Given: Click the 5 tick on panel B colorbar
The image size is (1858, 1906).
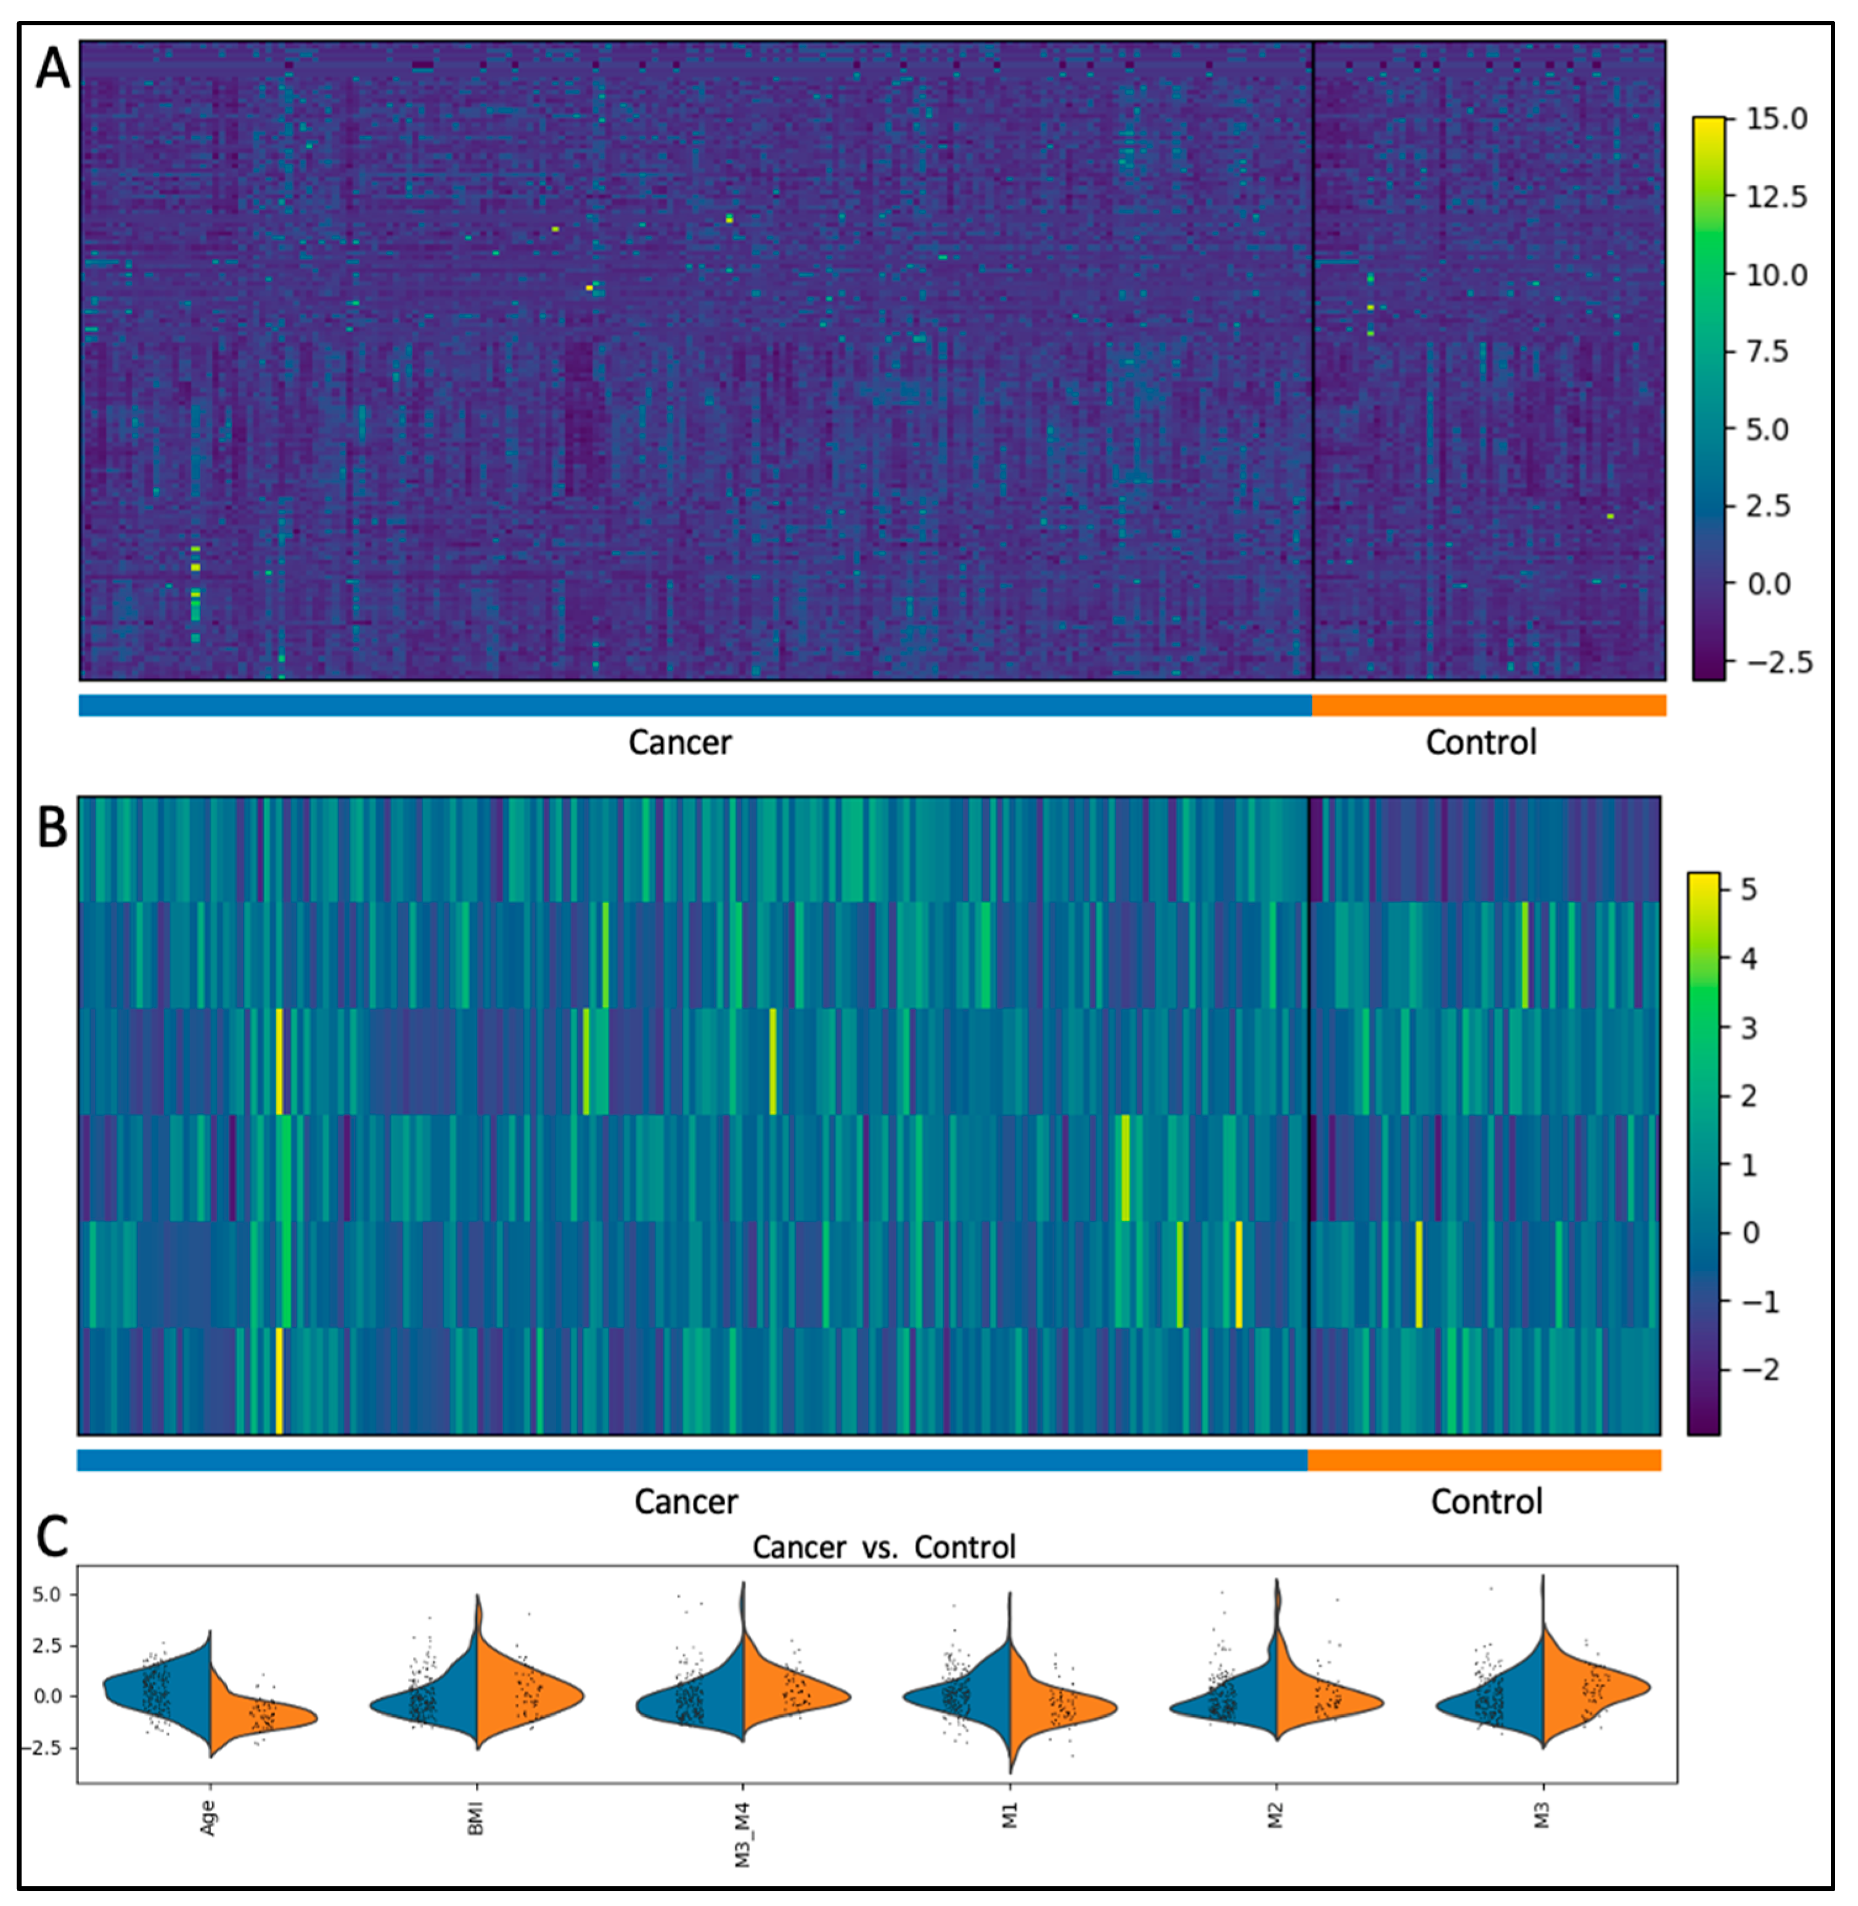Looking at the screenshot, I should tap(1749, 889).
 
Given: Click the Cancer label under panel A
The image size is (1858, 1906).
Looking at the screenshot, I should tap(679, 743).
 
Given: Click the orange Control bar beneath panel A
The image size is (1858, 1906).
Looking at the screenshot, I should tap(1488, 705).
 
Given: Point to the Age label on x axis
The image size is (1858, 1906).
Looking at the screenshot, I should tap(208, 1817).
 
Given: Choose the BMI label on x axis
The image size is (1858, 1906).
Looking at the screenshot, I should tap(475, 1817).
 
